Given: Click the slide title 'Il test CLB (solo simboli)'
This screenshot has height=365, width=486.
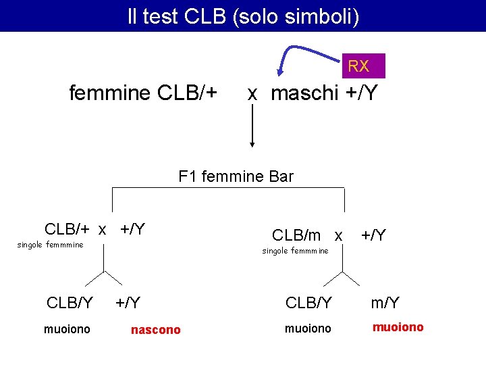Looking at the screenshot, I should click(243, 16).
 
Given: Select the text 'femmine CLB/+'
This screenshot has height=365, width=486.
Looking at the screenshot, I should click(143, 93).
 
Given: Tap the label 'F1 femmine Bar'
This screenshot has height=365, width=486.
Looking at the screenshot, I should click(236, 177).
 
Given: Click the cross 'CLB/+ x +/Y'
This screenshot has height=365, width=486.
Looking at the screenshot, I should click(94, 229).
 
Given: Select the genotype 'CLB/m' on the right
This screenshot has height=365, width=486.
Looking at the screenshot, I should click(296, 235).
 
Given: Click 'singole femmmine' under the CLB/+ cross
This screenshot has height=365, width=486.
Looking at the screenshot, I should click(50, 245).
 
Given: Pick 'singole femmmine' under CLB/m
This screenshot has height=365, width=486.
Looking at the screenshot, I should click(295, 251).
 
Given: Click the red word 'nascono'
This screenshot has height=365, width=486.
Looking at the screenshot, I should click(155, 330).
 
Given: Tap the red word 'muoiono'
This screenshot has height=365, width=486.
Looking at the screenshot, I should click(398, 327).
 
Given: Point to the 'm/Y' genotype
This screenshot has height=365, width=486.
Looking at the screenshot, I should click(385, 303).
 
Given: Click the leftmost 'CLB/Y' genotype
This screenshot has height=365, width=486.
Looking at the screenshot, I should click(70, 303).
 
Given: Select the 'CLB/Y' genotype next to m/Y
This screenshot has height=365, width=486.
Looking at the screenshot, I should click(308, 303).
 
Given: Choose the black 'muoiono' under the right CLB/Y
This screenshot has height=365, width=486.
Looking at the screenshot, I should click(307, 329).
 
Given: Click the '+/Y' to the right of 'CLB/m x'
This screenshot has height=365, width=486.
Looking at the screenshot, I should click(373, 235).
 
